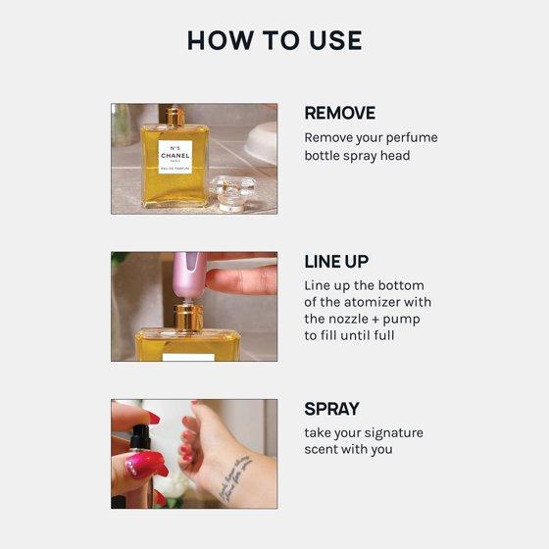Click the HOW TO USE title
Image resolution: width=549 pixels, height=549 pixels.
pos(274,40)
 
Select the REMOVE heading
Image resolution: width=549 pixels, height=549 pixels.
pos(340,113)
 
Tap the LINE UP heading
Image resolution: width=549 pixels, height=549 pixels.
pos(336,262)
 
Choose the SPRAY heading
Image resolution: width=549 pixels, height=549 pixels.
pos(332,409)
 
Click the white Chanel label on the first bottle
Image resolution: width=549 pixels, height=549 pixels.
pos(175,157)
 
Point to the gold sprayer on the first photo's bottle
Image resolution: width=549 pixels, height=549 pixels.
pos(175,118)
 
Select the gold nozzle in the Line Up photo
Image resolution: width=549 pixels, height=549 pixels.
pos(188,318)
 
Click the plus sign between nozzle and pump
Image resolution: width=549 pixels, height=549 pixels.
pos(375,320)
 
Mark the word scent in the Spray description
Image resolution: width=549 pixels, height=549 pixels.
pos(321,449)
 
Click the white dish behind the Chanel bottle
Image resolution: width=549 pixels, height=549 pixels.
pos(262,142)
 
